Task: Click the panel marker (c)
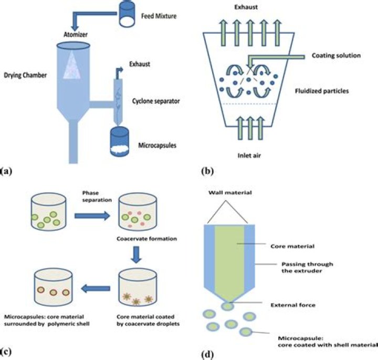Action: pos(7,349)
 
